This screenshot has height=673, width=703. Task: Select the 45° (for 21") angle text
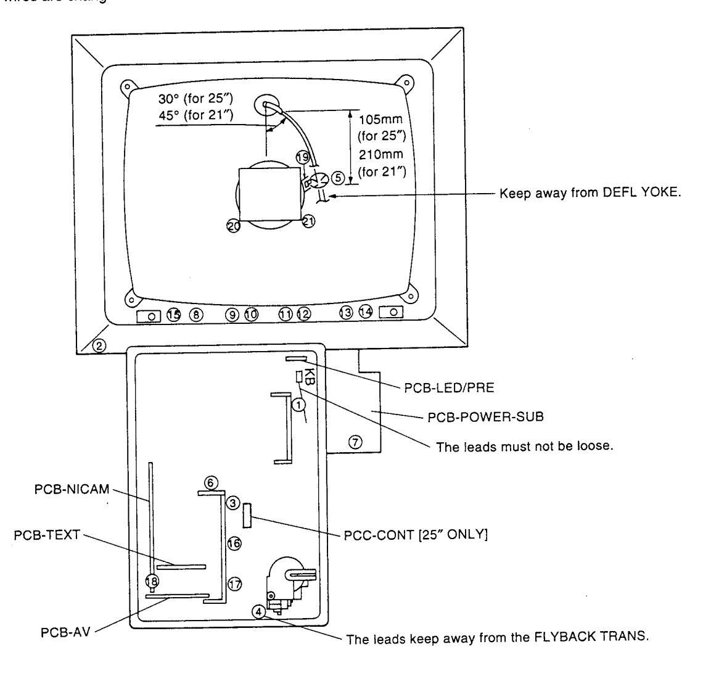(x=194, y=114)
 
